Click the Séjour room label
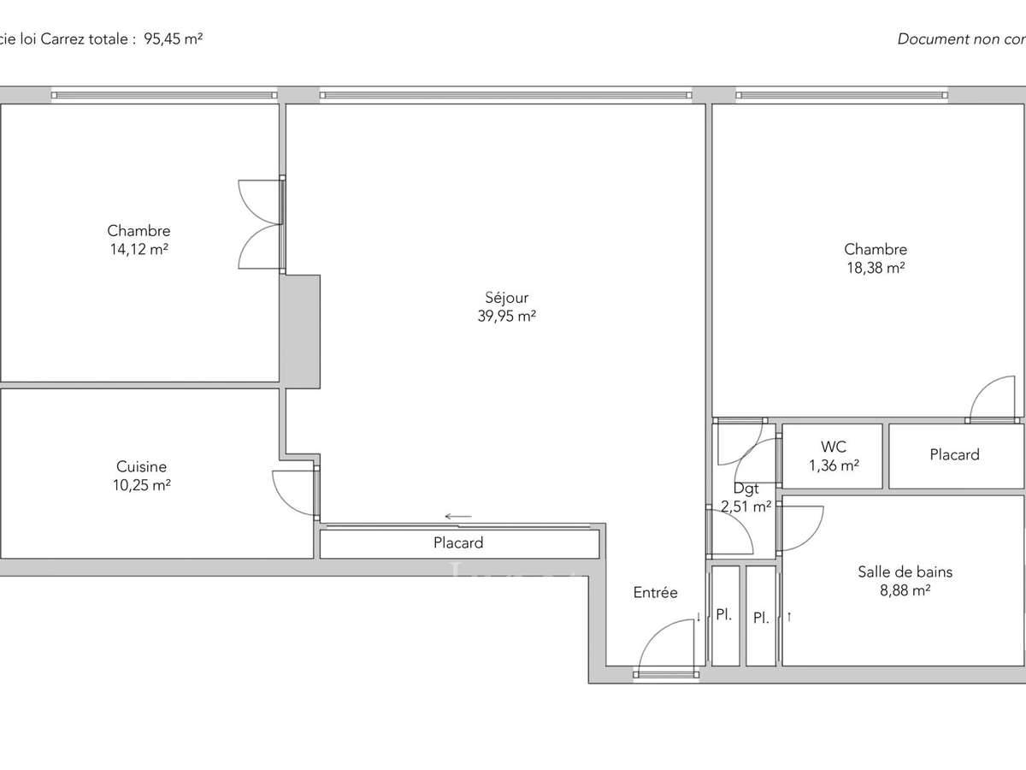[506, 298]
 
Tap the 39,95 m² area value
[506, 316]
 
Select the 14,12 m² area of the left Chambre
[139, 249]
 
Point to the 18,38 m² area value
[876, 268]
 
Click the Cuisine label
[141, 467]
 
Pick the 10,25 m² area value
[141, 485]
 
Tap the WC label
[833, 447]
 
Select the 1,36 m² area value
[833, 465]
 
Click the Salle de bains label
[905, 572]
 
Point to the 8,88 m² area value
[905, 590]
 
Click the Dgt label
[746, 489]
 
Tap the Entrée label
[655, 592]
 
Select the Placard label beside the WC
[954, 455]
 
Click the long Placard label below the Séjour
[458, 542]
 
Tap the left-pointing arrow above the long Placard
[458, 517]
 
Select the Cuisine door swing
[293, 493]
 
